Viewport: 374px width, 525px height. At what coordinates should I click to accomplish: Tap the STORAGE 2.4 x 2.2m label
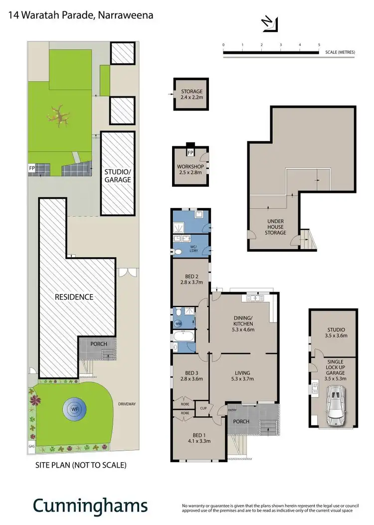pos(191,95)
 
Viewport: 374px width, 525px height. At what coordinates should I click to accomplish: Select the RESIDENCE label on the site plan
pos(74,297)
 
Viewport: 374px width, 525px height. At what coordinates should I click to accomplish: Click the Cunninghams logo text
pos(90,506)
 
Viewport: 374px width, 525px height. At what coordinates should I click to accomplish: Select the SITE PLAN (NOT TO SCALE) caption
pos(80,465)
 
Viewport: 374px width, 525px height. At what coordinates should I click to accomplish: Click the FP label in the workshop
pos(190,153)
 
